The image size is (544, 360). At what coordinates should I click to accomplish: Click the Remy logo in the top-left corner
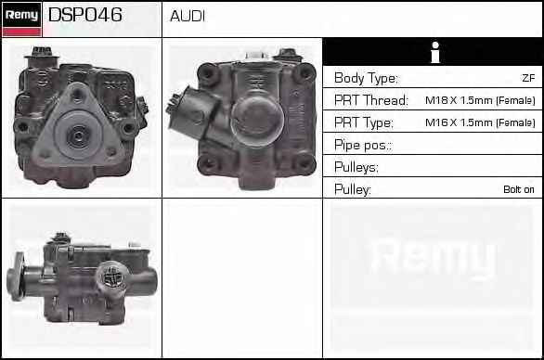[x=22, y=19]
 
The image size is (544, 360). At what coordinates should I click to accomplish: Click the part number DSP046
[x=85, y=15]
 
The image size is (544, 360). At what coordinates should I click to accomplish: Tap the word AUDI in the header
[x=188, y=17]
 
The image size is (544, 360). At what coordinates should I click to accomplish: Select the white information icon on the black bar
[x=435, y=52]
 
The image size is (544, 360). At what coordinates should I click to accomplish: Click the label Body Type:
[x=366, y=78]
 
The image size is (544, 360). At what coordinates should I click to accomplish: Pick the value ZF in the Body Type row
[x=528, y=78]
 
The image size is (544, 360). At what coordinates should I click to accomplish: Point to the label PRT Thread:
[x=371, y=100]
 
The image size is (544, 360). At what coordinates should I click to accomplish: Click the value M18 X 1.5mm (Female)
[x=480, y=100]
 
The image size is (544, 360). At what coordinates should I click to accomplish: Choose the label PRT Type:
[x=364, y=122]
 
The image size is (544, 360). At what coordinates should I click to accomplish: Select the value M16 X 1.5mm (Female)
[x=480, y=122]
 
